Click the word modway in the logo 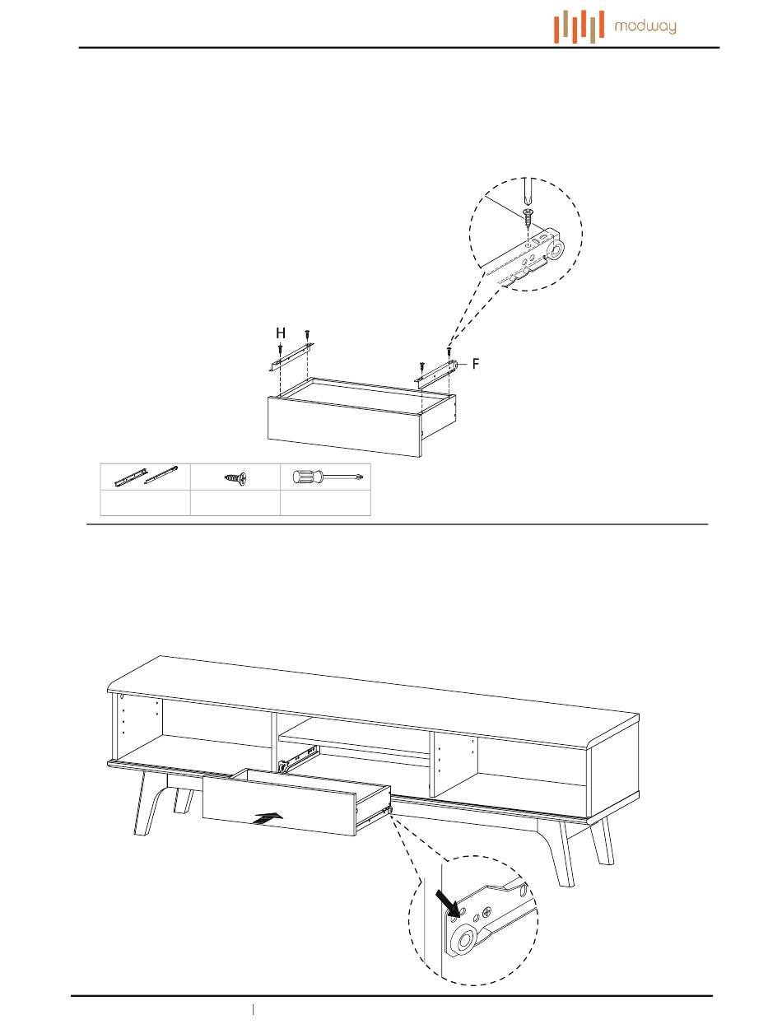click(645, 27)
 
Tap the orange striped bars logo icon click(580, 26)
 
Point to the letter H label click(281, 333)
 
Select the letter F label click(476, 363)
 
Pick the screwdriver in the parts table click(327, 477)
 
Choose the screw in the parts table click(235, 477)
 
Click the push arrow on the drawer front click(270, 818)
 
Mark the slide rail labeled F click(436, 372)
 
